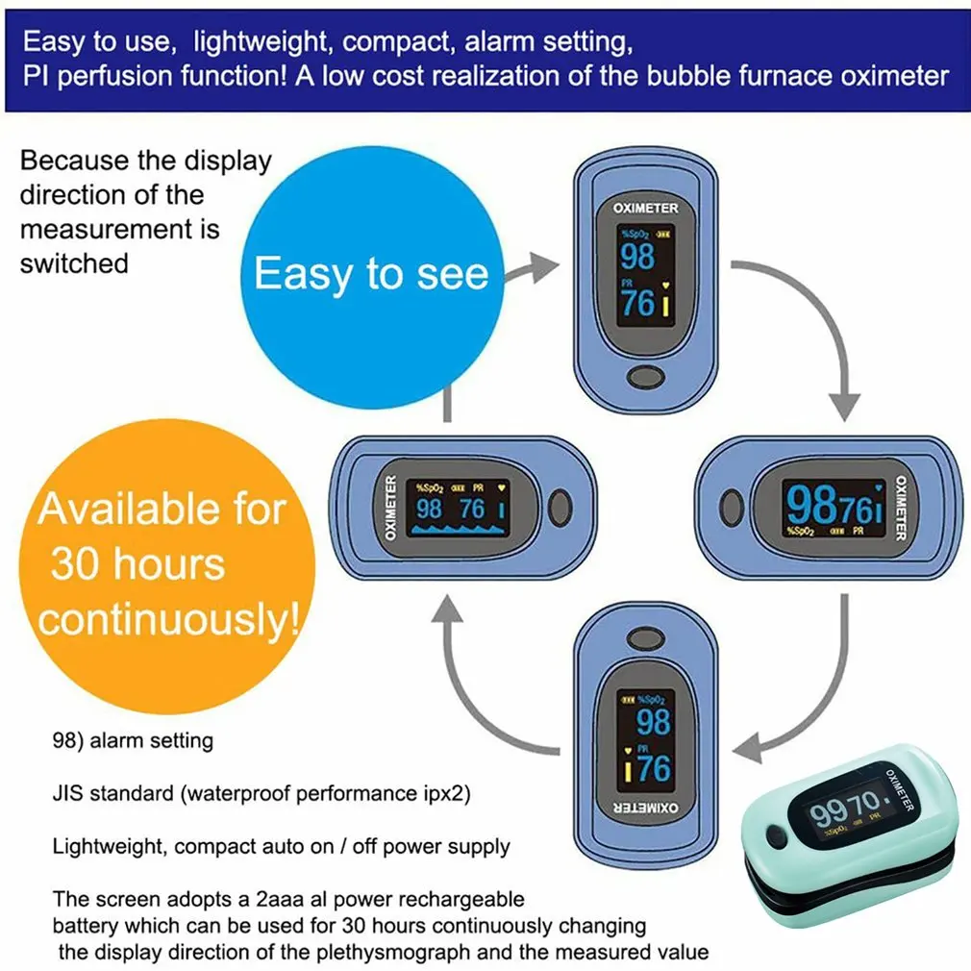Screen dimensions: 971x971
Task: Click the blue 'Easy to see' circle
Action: click(370, 274)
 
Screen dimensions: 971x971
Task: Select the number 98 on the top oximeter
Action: click(637, 257)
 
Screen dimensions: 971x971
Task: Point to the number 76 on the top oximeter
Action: click(636, 303)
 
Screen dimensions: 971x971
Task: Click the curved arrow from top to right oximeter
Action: click(817, 317)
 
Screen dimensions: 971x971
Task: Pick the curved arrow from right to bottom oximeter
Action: click(808, 702)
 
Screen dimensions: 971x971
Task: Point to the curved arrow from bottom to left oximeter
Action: click(481, 692)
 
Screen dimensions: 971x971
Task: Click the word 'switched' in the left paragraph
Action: click(74, 263)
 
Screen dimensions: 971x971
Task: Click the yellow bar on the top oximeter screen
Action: click(665, 306)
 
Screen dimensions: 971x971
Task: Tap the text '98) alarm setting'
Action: click(133, 741)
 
